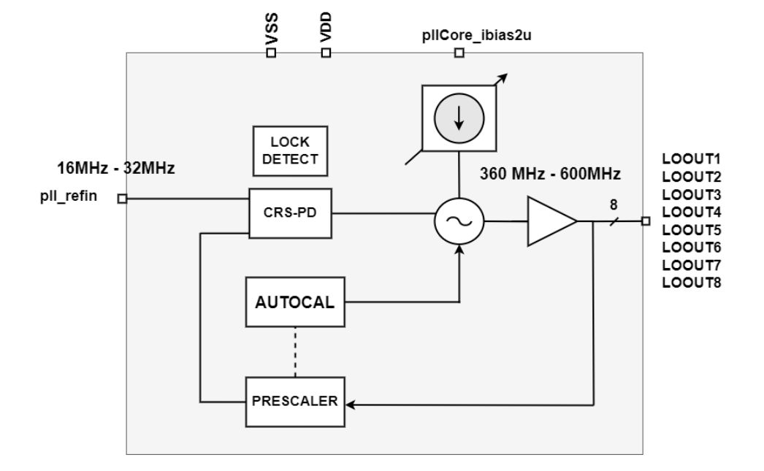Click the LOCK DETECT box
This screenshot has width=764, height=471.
(x=290, y=150)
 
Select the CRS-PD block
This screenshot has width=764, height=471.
(x=290, y=213)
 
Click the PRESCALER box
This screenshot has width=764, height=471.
(x=294, y=402)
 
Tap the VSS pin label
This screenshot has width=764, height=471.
(x=272, y=32)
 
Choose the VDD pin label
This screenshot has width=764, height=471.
(x=326, y=32)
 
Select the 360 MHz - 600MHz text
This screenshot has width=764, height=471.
(x=550, y=175)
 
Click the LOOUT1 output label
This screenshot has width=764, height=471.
(x=692, y=158)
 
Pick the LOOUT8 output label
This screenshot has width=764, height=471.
(x=692, y=283)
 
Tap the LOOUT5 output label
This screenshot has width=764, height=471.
(x=692, y=229)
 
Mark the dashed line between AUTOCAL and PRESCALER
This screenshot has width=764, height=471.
(x=294, y=353)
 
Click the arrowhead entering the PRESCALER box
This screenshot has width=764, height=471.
(x=349, y=402)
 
